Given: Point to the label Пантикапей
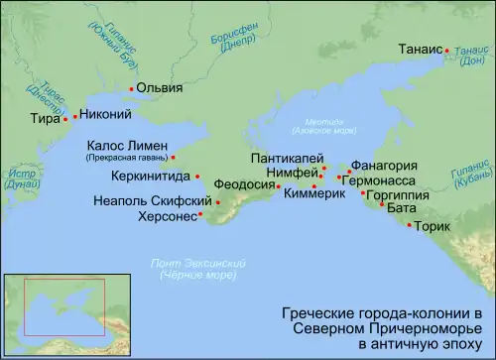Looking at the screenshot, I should tap(286, 158).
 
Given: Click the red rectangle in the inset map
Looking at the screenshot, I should tap(64, 309).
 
